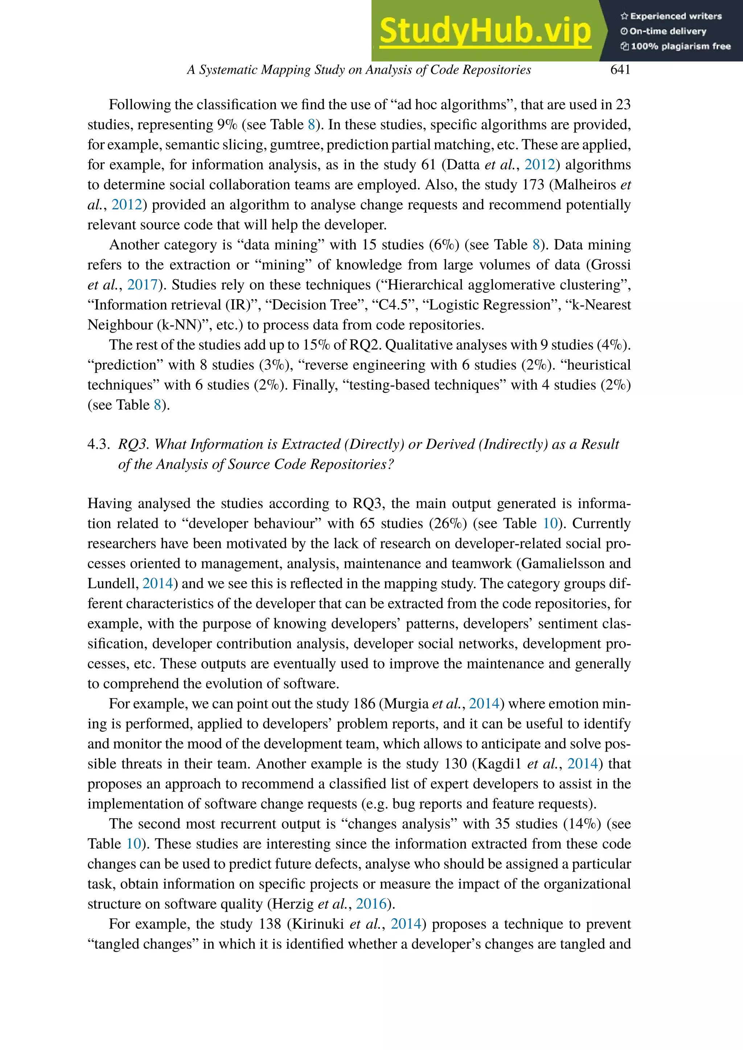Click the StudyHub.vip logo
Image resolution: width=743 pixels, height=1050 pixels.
485,31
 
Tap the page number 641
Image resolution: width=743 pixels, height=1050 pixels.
620,70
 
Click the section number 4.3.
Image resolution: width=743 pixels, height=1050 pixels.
98,444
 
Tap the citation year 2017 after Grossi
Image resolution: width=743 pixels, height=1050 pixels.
142,285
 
